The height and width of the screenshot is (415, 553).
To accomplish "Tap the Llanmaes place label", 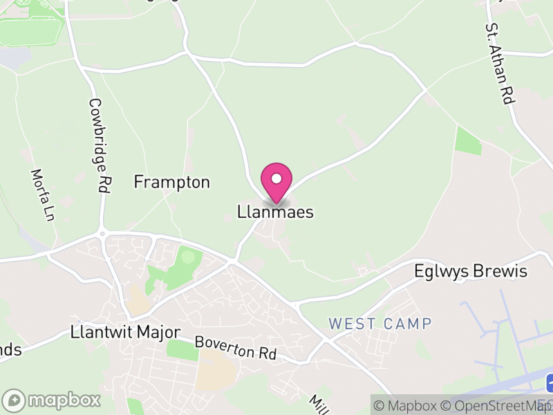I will pos(275,212).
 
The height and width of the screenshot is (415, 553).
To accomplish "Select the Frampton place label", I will pos(171,183).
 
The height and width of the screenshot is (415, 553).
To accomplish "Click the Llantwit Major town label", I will pos(125,332).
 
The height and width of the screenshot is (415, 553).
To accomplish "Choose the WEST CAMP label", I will pos(380,324).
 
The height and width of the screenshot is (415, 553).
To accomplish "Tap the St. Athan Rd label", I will pos(500,64).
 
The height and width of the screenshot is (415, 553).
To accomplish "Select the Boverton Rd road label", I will pos(235,348).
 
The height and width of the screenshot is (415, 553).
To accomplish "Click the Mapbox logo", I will pos(52,400).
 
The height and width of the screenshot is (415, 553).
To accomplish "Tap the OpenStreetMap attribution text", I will pos(495,406).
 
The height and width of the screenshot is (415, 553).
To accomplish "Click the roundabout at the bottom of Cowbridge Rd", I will pos(102,234).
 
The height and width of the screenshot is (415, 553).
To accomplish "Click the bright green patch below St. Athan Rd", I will pos(469,141).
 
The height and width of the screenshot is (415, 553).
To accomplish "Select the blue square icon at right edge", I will pos(550,382).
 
